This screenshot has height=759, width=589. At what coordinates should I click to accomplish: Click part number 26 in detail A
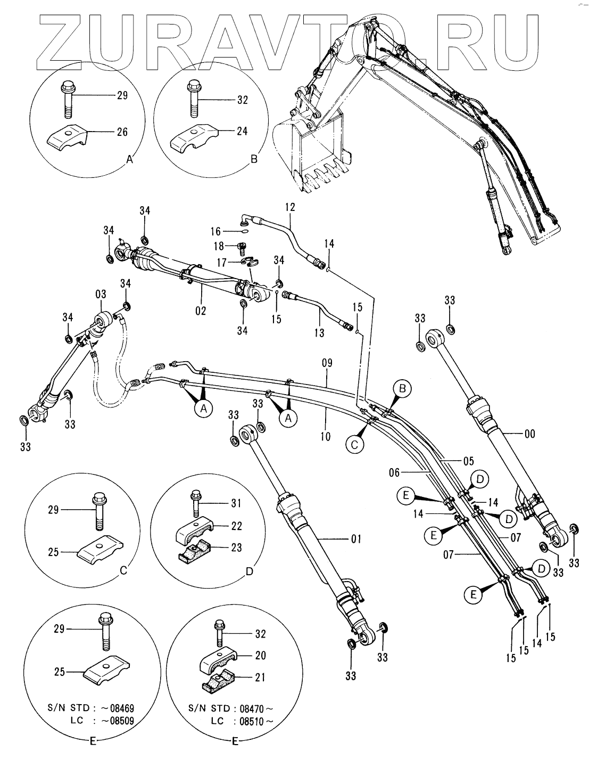[x=122, y=132]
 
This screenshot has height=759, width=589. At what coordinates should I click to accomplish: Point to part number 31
[x=236, y=503]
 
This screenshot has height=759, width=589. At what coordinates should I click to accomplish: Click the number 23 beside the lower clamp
[x=236, y=548]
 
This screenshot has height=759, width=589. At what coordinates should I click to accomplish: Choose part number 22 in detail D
[x=236, y=526]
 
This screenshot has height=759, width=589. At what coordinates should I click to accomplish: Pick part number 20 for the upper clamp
[x=260, y=656]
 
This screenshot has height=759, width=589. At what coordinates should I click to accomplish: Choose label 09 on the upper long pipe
[x=327, y=365]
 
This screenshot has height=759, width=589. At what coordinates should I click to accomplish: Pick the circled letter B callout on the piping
[x=402, y=389]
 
